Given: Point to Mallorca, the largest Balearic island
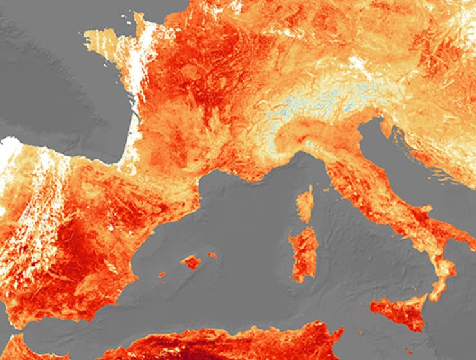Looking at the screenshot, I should pyautogui.click(x=191, y=262).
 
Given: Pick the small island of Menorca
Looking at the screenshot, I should pyautogui.click(x=212, y=255).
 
